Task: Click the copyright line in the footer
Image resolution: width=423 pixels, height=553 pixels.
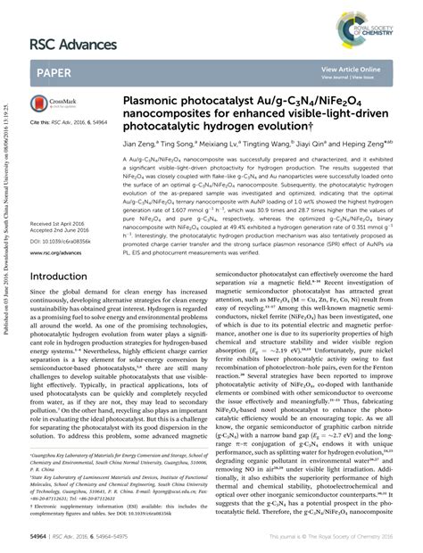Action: pos(334,540)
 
